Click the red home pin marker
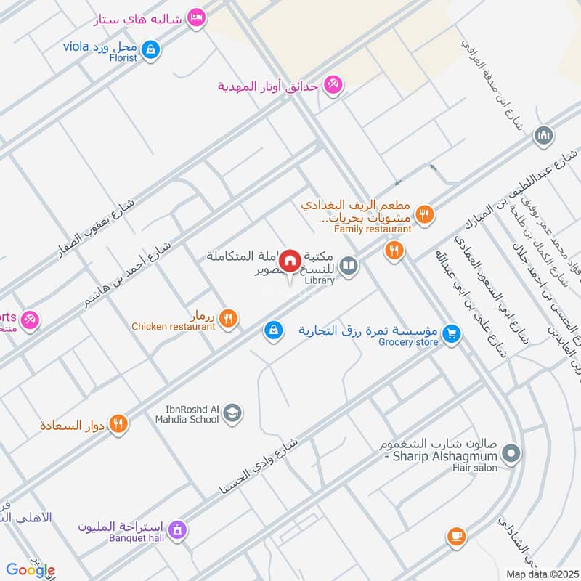coord(290,260)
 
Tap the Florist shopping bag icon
coord(151,49)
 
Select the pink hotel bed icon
coord(195,17)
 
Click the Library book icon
coord(349,267)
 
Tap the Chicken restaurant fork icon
coord(228,318)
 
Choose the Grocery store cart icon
coord(452,333)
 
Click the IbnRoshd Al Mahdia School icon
coord(232,414)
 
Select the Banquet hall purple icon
coord(176,530)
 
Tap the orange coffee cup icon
coord(456,536)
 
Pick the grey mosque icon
coord(543,136)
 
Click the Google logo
coord(31,570)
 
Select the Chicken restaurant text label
coord(174,327)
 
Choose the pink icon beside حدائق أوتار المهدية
coord(333,86)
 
